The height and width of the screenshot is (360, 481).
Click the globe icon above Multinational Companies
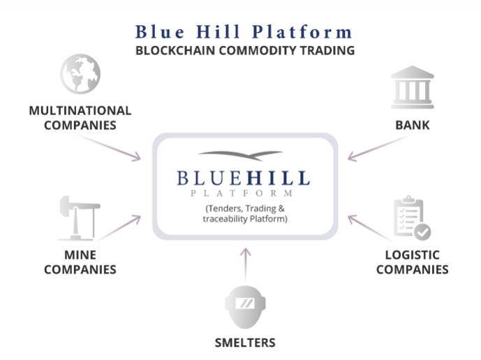coord(80,74)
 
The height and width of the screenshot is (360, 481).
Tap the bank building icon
coord(413,87)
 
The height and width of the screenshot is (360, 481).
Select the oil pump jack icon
coord(80,218)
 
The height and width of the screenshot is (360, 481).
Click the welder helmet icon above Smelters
coord(245,307)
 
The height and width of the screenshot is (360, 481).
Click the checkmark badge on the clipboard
coord(422,232)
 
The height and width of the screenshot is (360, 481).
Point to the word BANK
coord(413,125)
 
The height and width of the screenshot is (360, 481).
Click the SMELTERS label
coord(245,343)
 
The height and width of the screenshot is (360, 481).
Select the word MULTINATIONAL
coord(80,111)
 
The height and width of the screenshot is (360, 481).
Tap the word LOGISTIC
coord(413,255)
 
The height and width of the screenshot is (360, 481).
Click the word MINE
coord(80,255)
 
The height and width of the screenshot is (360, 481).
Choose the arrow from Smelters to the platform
coord(246,264)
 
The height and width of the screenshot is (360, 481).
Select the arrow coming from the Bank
coord(379,148)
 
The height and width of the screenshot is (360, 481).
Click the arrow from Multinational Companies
coord(109,148)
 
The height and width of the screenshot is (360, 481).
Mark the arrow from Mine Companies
coord(119,228)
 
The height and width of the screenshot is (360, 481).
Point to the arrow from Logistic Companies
coord(370,228)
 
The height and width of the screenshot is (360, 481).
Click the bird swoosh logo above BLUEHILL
coord(241,156)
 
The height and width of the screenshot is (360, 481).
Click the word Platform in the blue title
coord(302,32)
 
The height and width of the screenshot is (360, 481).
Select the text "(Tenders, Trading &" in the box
coord(245,209)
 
